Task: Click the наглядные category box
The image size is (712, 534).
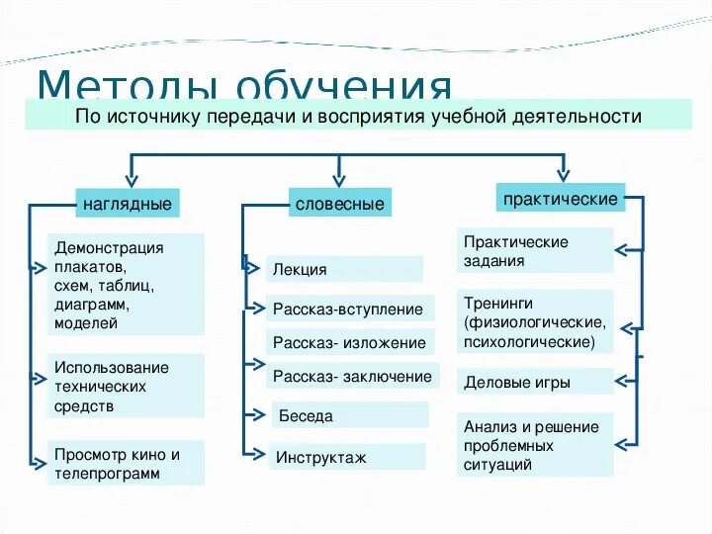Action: click(127, 204)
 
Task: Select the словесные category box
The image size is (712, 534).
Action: click(339, 204)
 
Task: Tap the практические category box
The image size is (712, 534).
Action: click(561, 199)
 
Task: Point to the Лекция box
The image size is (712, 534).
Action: click(344, 269)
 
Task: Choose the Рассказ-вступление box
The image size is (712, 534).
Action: click(348, 310)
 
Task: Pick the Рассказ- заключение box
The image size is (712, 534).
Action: click(352, 377)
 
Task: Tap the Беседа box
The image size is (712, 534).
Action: click(350, 416)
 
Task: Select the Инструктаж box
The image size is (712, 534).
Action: click(346, 458)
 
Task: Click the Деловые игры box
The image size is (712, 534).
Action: click(534, 382)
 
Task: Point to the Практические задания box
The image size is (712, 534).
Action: click(534, 251)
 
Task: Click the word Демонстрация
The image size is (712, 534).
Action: click(109, 248)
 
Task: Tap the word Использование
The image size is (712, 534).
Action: click(112, 368)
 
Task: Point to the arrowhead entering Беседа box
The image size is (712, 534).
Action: click(261, 416)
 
